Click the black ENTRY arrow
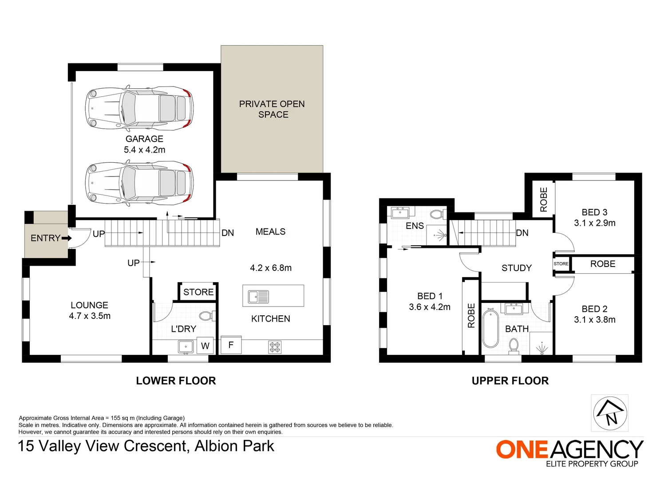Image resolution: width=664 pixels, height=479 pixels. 67,238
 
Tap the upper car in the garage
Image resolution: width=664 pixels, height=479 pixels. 139,108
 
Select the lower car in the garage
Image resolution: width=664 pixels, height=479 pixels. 139,183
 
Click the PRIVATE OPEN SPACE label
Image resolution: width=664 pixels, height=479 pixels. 272,109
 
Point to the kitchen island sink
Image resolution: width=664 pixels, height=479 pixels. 258,296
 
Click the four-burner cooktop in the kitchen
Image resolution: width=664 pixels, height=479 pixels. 275,347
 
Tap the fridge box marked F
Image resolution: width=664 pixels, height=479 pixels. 231,345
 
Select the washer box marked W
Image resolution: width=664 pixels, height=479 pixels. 205,346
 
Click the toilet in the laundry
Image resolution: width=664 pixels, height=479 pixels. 206,316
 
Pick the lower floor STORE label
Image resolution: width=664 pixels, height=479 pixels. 198,292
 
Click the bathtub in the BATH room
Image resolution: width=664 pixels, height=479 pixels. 490,329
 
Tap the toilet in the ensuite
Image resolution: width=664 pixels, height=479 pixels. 437,214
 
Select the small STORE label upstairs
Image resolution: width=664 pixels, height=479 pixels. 561,263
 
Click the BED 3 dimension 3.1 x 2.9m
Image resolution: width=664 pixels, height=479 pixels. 595,223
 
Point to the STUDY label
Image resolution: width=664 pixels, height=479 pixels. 516,268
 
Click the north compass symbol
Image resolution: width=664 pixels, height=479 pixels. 610,412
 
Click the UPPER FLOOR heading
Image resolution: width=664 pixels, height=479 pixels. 510,381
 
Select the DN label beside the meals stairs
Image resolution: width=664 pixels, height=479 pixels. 227,233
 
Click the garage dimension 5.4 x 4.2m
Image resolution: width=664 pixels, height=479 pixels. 144,150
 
